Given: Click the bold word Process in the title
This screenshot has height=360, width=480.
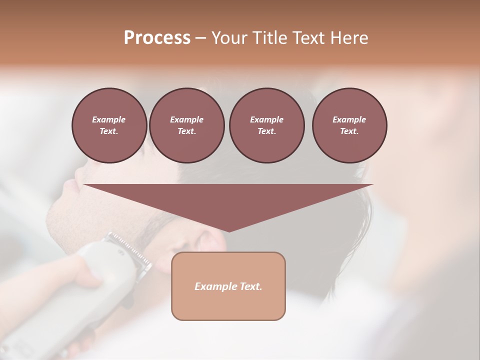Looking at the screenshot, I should tap(157, 38).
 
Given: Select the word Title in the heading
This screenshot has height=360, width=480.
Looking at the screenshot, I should tap(269, 38).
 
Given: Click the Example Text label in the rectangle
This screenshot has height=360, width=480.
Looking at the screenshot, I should tap(228, 286).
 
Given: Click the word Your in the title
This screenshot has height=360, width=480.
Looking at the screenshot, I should tap(230, 38).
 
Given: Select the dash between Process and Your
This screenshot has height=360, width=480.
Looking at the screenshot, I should tap(201, 38).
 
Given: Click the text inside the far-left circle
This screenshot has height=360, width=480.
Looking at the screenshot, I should tap(109, 125).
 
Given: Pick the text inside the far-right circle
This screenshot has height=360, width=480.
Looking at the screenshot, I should tap(349, 125).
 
